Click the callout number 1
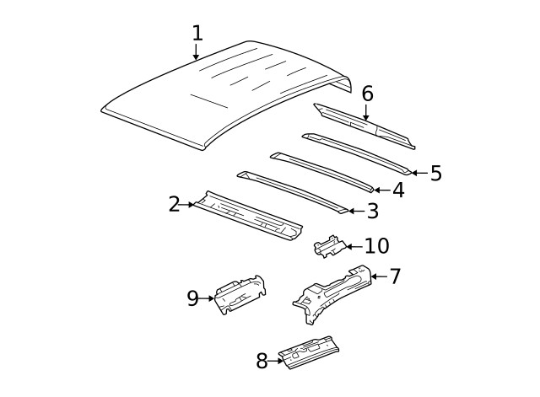pos(197,34)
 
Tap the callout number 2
pos(174,204)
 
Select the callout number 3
pos(372,211)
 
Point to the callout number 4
pos(397,190)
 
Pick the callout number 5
pos(435,173)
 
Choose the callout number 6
pos(367,94)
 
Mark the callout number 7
pos(395,276)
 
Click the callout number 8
pos(262,361)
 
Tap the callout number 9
pos(192,298)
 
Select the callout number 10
pos(376,246)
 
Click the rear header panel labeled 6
pos(363,124)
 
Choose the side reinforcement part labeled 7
pos(333,291)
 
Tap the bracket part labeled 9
pos(238,295)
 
